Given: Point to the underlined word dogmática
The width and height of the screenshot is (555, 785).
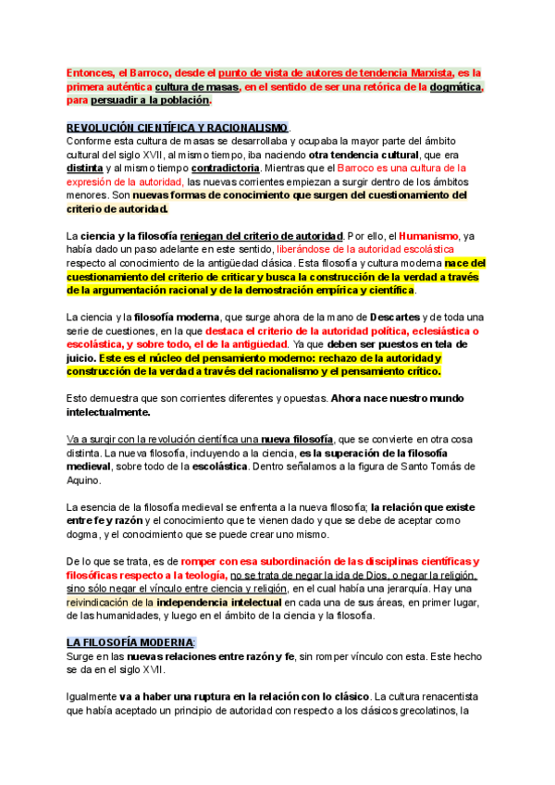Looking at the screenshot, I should pyautogui.click(x=455, y=86).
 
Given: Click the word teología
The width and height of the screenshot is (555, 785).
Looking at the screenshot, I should pyautogui.click(x=201, y=575).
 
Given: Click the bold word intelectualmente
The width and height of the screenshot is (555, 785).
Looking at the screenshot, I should pyautogui.click(x=109, y=411).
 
